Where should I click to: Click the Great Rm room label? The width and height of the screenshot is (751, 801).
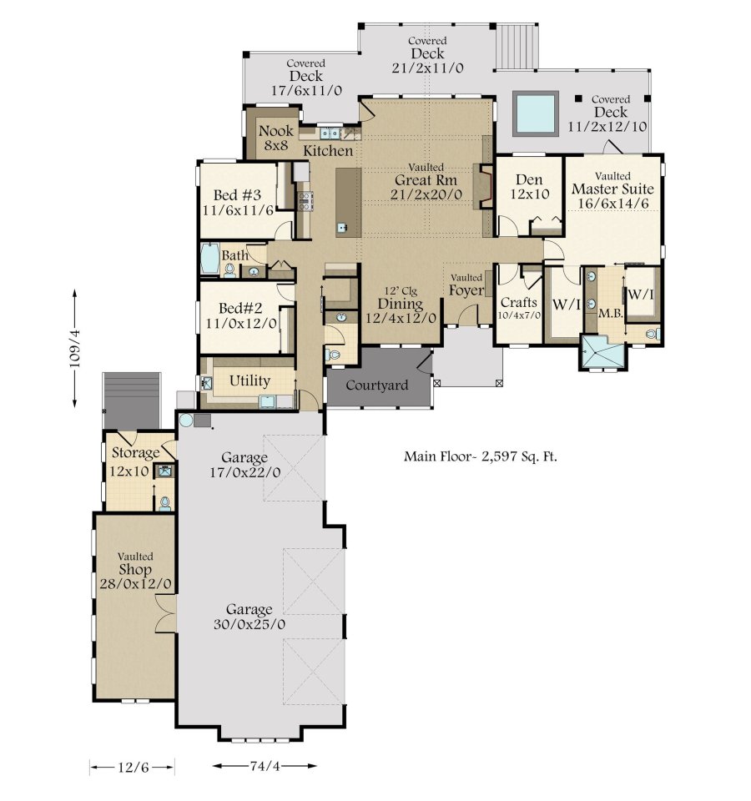click(x=426, y=180)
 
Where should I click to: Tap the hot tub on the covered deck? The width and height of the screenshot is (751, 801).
click(x=535, y=113)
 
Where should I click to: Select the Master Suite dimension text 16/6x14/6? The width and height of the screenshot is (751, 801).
click(x=613, y=204)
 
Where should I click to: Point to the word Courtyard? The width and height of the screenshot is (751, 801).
click(x=377, y=385)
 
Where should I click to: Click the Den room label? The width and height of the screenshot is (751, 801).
click(x=529, y=180)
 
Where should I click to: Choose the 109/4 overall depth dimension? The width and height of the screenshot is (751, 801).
click(x=74, y=349)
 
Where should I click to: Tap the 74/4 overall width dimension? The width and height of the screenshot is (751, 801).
click(x=265, y=766)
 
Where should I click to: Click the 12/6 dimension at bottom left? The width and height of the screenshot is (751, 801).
click(x=133, y=768)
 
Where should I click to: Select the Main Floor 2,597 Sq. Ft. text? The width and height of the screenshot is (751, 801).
click(x=481, y=456)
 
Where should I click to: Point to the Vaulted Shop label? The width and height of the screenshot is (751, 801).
click(x=135, y=563)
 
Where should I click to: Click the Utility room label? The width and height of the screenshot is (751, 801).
click(x=249, y=381)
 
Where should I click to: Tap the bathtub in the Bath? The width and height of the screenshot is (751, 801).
click(x=209, y=259)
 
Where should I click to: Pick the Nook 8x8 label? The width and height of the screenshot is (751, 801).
click(x=276, y=138)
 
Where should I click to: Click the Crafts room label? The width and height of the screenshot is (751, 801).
click(x=518, y=302)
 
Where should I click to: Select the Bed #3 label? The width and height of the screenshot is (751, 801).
click(x=237, y=195)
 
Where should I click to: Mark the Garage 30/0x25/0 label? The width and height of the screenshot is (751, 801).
click(x=249, y=617)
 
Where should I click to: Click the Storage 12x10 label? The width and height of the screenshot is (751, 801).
click(x=136, y=461)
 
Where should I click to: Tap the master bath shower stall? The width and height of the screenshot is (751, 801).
click(x=602, y=352)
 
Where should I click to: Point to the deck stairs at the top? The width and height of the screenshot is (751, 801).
click(x=517, y=47)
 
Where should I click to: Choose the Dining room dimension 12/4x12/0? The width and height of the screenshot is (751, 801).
click(x=401, y=318)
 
